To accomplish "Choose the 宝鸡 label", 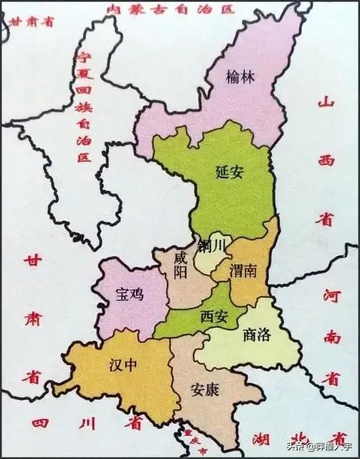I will coord(130,294).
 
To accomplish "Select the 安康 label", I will coord(205,389).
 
